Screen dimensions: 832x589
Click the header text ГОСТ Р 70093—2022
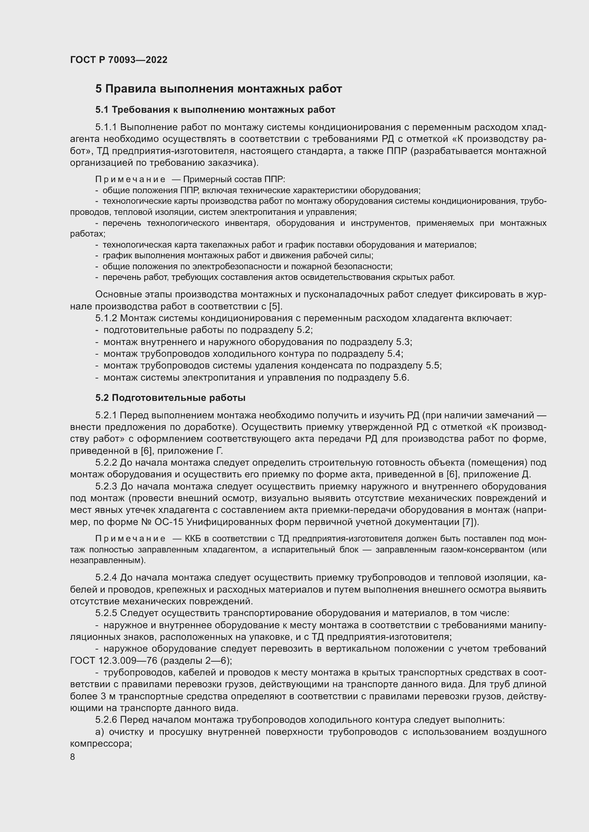(x=119, y=60)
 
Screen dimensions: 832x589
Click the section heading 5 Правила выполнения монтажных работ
(x=218, y=89)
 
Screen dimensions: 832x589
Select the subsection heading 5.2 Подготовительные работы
(x=171, y=398)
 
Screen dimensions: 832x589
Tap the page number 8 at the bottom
(x=73, y=757)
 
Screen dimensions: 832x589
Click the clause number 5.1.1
(x=106, y=127)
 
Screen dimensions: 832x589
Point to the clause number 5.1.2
(x=106, y=318)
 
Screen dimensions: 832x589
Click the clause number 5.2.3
(x=106, y=486)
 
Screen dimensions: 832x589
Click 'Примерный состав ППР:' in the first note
(x=234, y=179)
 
